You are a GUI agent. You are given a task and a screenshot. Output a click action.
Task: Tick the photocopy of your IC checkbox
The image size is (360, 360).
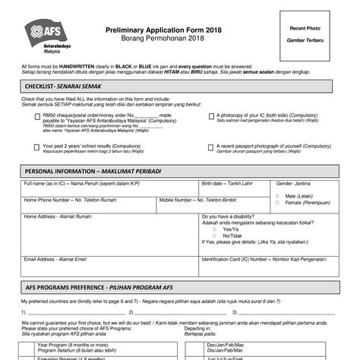pyautogui.click(x=210, y=116)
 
